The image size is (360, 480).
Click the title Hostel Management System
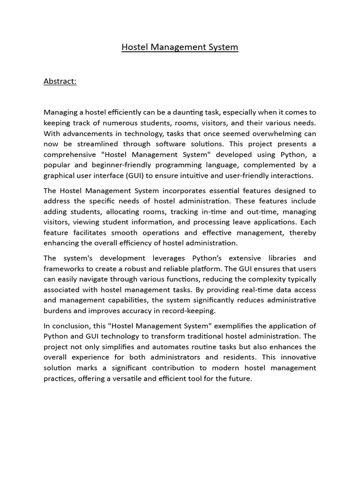click(180, 47)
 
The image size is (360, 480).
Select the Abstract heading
click(60, 81)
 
